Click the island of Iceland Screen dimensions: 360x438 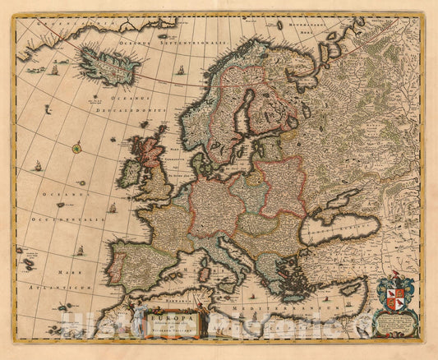pos(106,64)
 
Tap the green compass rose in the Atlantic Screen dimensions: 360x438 pos(77,149)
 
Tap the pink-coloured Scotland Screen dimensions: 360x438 pos(150,151)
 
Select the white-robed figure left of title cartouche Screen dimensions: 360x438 pos(131,316)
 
